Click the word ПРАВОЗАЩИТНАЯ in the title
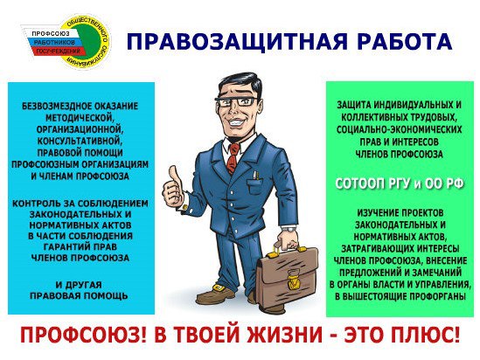pos(237,41)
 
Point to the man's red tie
pos(233,158)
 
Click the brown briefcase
pos(287,280)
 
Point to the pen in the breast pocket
pos(255,176)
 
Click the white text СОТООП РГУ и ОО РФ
pos(400,183)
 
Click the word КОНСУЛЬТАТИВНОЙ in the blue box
pos(80,141)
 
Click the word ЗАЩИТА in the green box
pos(352,105)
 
